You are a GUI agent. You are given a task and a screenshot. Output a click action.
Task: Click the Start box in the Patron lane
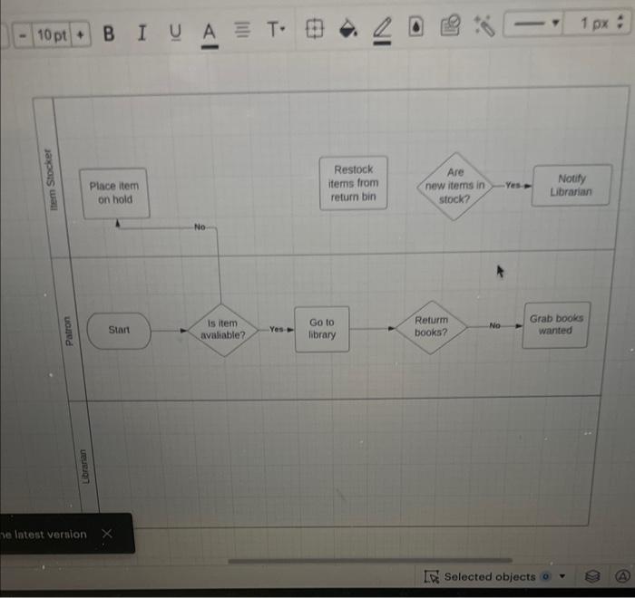119,331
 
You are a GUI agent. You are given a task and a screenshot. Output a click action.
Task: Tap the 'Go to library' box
322,329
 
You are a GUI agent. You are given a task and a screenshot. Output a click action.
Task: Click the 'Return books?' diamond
432,326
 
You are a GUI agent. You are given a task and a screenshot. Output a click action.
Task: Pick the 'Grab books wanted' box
555,324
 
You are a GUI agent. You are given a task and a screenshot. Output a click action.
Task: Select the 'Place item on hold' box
114,193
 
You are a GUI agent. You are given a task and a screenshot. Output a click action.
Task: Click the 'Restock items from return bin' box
353,183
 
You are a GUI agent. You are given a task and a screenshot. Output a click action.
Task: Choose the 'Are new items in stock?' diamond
455,185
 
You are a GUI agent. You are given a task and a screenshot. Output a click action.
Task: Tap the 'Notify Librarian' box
571,185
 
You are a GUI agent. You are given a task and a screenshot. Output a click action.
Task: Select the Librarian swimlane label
85,466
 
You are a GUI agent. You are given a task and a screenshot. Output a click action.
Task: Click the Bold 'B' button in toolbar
110,34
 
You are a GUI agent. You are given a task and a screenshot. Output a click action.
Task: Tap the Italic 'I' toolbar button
141,34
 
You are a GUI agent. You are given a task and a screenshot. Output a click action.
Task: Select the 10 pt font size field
52,34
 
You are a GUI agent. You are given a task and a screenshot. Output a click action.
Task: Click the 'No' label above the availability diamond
200,227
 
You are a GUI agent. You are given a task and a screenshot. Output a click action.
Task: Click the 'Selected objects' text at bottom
490,576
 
